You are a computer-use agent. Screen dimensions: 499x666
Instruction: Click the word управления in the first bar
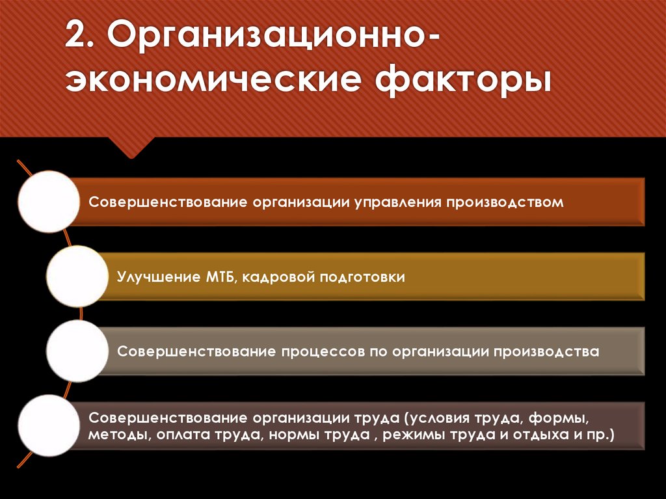tap(398, 202)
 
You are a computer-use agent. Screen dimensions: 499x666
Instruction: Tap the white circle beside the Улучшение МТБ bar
tap(77, 276)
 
